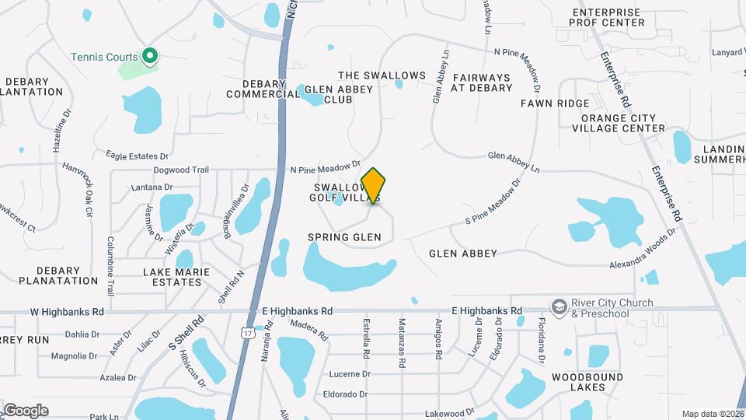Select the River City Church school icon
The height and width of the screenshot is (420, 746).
coord(558,307)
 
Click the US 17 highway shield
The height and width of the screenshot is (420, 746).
coord(247,333)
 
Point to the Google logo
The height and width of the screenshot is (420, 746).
coord(26,410)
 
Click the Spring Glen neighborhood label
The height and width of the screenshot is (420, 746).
coord(344,236)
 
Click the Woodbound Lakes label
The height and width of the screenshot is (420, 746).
coord(577,381)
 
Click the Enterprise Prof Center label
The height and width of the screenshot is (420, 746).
coord(608,17)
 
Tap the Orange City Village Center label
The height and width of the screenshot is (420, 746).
coord(618,123)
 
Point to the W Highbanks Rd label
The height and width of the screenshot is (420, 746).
coord(67,311)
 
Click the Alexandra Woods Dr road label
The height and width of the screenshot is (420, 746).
coord(643,264)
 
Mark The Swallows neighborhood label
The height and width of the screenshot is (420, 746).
coord(382,75)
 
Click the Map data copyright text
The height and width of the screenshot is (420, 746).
coord(713,414)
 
